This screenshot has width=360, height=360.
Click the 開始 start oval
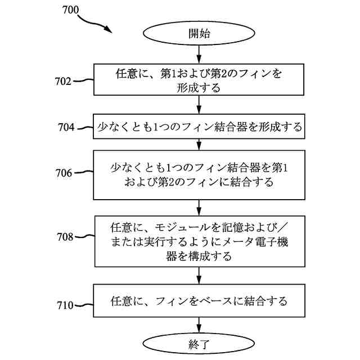click(199, 34)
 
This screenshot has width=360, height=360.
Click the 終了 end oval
click(199, 344)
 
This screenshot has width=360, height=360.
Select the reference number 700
click(69, 10)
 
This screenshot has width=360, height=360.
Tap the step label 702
click(64, 81)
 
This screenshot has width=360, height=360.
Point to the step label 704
click(66, 127)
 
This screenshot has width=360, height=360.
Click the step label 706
click(64, 173)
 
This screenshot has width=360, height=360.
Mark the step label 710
click(65, 305)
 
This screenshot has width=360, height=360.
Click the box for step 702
click(199, 80)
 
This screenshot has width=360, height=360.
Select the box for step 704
click(199, 127)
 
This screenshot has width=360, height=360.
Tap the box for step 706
click(199, 174)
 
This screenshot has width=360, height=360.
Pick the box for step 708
click(199, 241)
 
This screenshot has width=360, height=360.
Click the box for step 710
click(199, 301)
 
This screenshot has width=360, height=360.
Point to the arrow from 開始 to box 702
click(199, 54)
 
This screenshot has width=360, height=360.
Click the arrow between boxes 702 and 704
click(199, 105)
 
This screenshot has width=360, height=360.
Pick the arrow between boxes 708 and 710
click(199, 275)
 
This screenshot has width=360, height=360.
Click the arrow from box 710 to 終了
click(199, 324)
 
